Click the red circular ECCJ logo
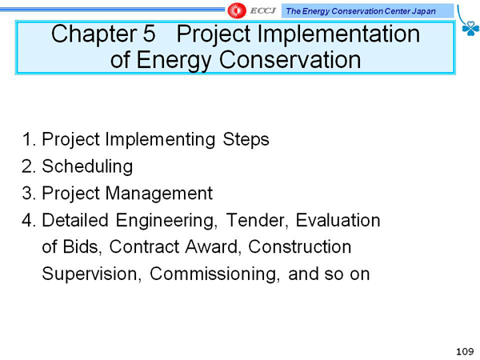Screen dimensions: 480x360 pos(237,10)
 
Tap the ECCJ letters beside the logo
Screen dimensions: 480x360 pos(263,10)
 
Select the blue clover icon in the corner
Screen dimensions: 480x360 pos(470,29)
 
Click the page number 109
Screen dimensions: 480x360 pos(465,351)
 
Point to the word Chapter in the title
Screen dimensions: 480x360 pos(94,34)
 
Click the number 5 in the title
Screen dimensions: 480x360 pos(149,34)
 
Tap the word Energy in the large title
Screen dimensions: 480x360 pos(173,60)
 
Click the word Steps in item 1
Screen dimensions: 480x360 pos(246,140)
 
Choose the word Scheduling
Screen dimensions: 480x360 pos(87,166)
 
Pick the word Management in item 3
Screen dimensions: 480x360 pos(159,194)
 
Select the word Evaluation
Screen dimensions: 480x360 pos(338,220)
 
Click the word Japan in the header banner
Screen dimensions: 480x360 pos(424,11)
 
